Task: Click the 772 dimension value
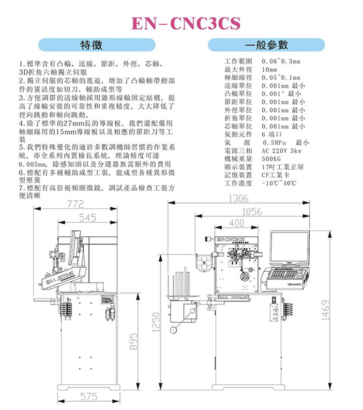(x=76, y=205)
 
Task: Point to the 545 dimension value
(x=88, y=218)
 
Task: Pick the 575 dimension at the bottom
(x=88, y=397)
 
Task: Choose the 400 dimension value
(x=236, y=223)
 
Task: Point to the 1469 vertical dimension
(x=325, y=310)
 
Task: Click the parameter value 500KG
(x=271, y=158)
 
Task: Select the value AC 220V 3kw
(x=281, y=151)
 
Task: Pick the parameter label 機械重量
(x=239, y=158)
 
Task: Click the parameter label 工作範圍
(x=239, y=62)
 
